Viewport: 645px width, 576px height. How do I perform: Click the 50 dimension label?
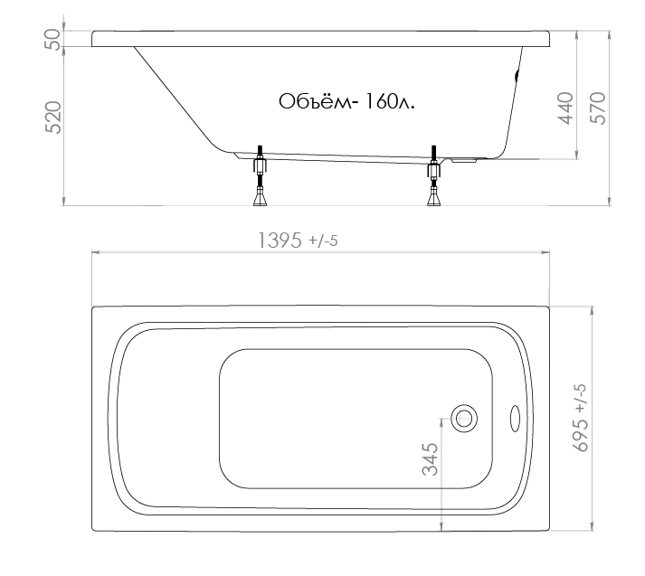[52, 39]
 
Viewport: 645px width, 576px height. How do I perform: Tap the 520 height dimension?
[52, 118]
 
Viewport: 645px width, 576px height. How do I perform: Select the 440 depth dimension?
[565, 109]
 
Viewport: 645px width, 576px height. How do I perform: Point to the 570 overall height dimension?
[598, 109]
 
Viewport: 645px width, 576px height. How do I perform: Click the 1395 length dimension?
[280, 241]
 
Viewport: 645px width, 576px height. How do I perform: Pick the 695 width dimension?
[580, 436]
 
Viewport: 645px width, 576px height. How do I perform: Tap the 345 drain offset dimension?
[431, 459]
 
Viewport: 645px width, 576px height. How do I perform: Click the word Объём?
[316, 101]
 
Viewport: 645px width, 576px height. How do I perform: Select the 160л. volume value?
[389, 101]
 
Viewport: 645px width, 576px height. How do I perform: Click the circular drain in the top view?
[464, 419]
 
